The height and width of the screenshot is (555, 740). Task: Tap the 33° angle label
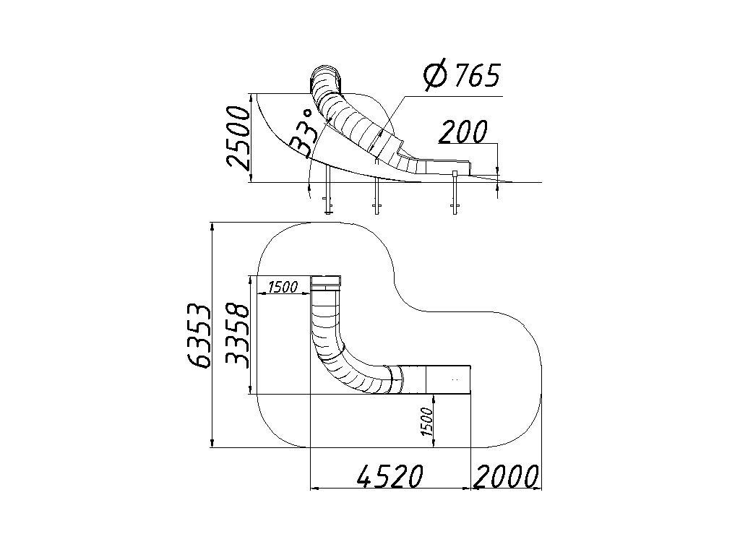pos(302,134)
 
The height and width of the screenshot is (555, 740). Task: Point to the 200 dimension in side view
pos(463,132)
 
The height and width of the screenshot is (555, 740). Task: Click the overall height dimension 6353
pos(198,335)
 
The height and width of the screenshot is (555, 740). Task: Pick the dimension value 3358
pos(237,335)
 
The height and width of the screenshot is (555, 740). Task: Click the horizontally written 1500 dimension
pos(283,286)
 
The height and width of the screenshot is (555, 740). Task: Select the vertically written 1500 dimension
pos(426,421)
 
